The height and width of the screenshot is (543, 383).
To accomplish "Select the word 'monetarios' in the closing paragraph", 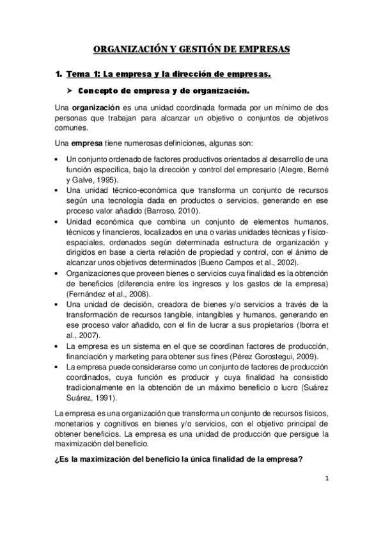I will click(x=75, y=423).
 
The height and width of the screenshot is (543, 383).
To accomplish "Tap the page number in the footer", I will click(x=325, y=478).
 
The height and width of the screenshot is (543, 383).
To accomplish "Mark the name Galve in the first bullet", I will click(x=88, y=180).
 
